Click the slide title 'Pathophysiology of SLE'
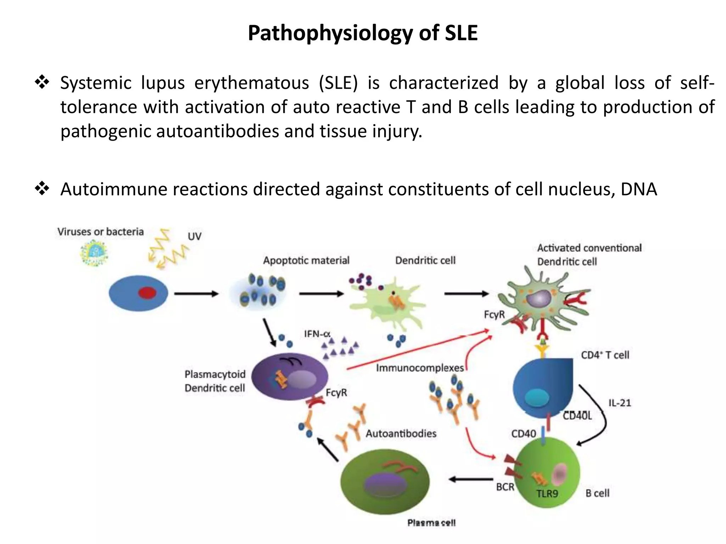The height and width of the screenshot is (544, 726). (x=363, y=33)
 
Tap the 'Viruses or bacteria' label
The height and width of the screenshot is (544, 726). (x=101, y=232)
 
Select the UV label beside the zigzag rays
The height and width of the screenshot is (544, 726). (x=194, y=236)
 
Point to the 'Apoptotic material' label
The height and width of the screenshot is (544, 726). (x=306, y=261)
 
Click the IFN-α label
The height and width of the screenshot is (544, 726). (x=317, y=334)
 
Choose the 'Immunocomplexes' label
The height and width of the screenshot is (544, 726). (x=420, y=368)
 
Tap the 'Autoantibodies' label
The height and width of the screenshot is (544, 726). (x=401, y=433)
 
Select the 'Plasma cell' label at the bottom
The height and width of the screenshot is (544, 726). (x=431, y=523)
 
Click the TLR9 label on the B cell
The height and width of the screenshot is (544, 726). (x=547, y=493)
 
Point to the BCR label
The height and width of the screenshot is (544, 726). (x=505, y=487)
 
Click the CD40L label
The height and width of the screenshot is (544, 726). (x=577, y=416)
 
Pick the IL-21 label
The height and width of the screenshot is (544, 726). (x=620, y=403)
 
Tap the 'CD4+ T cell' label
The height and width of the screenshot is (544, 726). (x=605, y=355)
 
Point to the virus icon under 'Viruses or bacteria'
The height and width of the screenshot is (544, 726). (x=94, y=253)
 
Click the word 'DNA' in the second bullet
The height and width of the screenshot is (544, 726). (x=639, y=189)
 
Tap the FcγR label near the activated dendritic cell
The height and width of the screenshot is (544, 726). (x=494, y=314)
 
